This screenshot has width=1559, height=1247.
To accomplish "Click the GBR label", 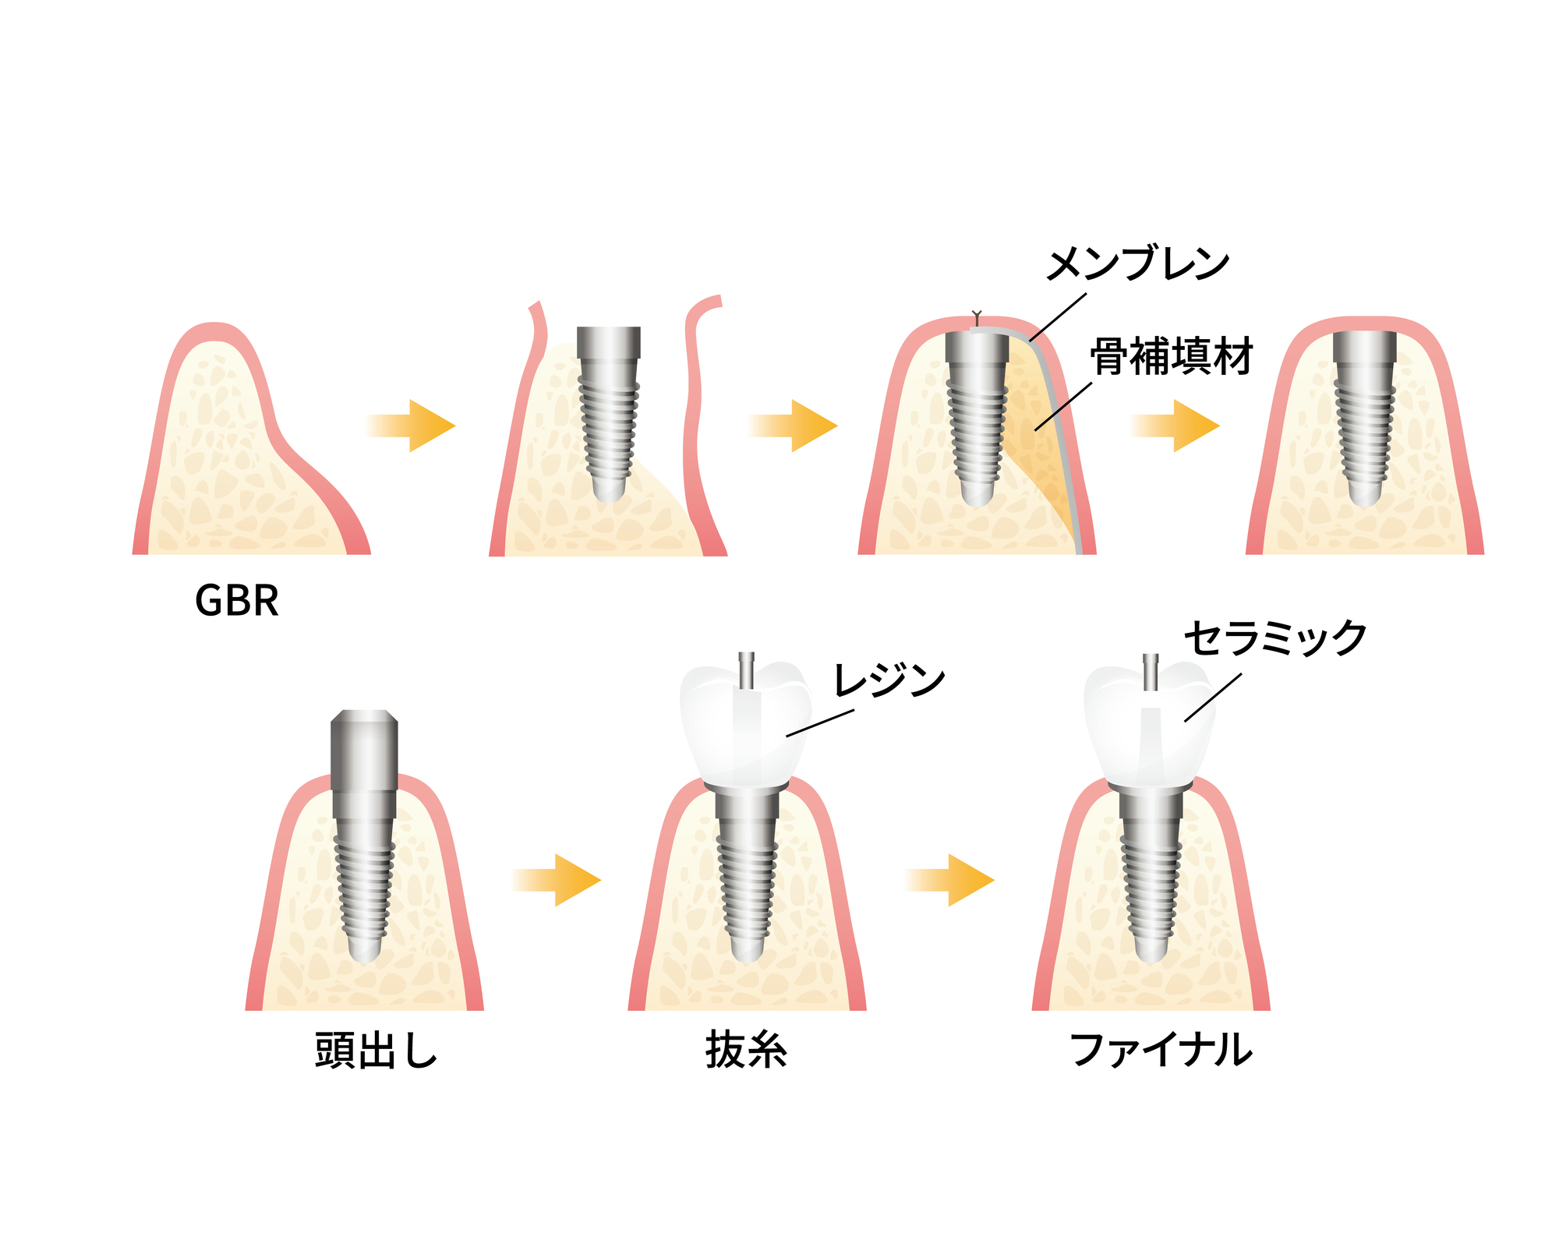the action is click(x=237, y=601).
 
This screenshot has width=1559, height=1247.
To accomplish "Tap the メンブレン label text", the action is click(x=1137, y=264).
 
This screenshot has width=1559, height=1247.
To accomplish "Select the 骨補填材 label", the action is click(x=1172, y=356).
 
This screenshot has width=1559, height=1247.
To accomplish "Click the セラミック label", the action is click(x=1275, y=638).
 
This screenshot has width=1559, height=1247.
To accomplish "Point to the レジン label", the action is click(x=889, y=680).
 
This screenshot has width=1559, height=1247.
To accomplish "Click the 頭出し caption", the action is click(x=376, y=1050).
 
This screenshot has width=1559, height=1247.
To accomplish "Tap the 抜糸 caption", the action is click(x=746, y=1050).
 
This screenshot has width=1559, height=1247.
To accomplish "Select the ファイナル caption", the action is click(x=1161, y=1050).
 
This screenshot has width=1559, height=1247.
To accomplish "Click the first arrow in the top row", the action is click(x=411, y=426).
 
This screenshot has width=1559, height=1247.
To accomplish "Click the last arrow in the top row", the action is click(x=1175, y=426).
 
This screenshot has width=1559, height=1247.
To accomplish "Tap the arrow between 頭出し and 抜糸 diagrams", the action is click(x=557, y=880).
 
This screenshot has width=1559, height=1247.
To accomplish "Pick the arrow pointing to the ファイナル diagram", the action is click(x=949, y=880).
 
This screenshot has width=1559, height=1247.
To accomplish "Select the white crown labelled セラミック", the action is click(x=1150, y=724).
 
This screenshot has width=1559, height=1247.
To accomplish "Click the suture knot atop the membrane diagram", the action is click(x=977, y=318).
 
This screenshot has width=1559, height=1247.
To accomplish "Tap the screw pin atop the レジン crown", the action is click(x=746, y=669).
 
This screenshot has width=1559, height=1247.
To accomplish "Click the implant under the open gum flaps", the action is click(x=609, y=414).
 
